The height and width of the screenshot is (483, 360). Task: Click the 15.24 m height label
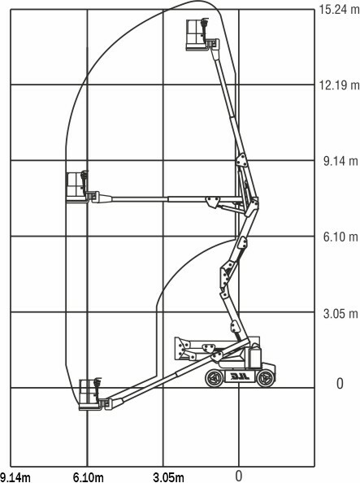pyautogui.click(x=339, y=10)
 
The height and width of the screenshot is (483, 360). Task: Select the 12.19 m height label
pyautogui.click(x=339, y=85)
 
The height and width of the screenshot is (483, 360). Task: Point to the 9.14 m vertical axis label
pyautogui.click(x=341, y=161)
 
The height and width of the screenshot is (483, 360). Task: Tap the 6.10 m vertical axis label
pyautogui.click(x=341, y=237)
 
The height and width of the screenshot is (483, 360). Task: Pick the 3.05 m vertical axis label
pyautogui.click(x=341, y=313)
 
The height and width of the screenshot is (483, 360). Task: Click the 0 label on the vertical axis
pyautogui.click(x=340, y=384)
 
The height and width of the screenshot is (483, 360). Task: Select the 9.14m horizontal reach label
pyautogui.click(x=15, y=477)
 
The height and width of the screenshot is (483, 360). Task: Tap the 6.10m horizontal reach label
pyautogui.click(x=89, y=477)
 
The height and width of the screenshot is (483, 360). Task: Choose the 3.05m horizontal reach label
pyautogui.click(x=169, y=477)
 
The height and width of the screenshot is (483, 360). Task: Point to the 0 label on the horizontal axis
pyautogui.click(x=239, y=476)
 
